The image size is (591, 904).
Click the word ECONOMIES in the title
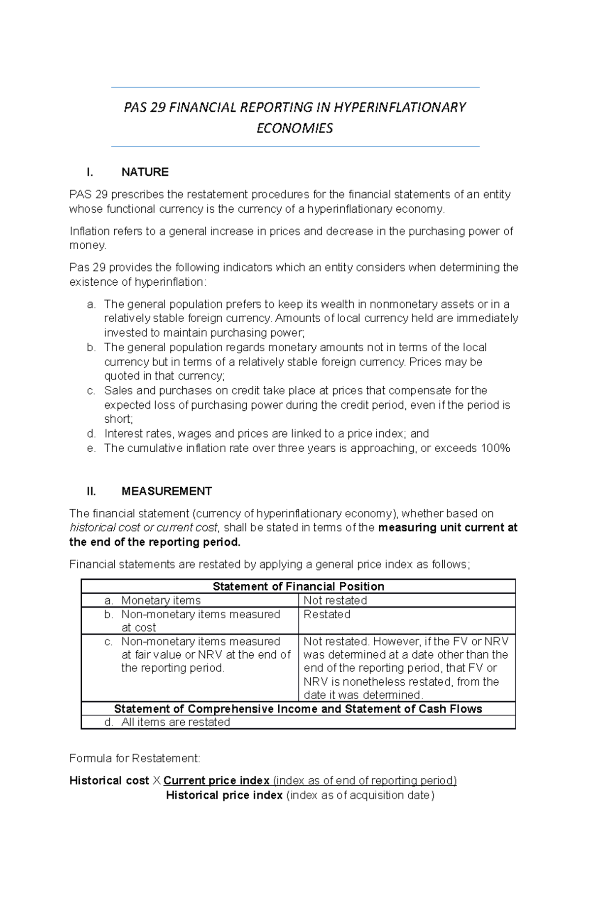pos(295,129)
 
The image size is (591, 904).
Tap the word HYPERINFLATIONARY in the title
pos(399,107)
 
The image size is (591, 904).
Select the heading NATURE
pos(145,172)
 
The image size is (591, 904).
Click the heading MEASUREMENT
pos(166,491)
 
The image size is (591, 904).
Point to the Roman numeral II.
pos(91,491)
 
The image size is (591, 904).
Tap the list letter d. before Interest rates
pos(91,434)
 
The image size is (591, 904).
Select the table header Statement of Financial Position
pos(298,586)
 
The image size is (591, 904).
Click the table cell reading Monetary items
pos(161,601)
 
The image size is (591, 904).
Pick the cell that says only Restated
pos(327,614)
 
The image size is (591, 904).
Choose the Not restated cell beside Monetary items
pos(335,601)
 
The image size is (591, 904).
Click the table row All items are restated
pos(175,722)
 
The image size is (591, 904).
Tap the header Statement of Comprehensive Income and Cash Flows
pos(298,709)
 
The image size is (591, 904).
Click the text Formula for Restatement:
pos(135,758)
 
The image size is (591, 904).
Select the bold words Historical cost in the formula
pos(109,781)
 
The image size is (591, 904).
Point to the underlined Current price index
pos(216,781)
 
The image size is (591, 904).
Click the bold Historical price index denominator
pos(224,795)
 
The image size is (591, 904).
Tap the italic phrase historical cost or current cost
pos(143,528)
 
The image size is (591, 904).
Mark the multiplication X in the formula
pos(156,781)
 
